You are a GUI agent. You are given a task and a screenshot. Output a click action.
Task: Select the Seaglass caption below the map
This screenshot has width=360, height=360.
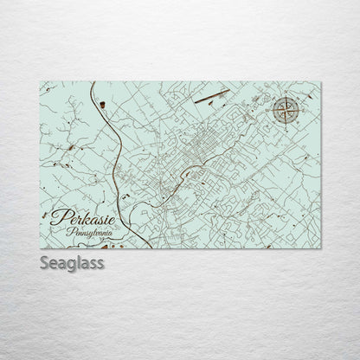tap(72, 263)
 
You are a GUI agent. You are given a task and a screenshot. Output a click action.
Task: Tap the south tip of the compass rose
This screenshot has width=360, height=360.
tap(285, 124)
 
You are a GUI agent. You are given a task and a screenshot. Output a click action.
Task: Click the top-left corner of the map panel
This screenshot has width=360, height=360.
tap(41, 82)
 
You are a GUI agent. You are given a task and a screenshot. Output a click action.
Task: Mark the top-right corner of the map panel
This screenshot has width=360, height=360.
tap(320, 82)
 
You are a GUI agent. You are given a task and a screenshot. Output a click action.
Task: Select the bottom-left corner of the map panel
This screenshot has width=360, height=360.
tap(41, 247)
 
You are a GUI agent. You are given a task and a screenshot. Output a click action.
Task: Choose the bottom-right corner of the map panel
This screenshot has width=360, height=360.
tap(320, 247)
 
